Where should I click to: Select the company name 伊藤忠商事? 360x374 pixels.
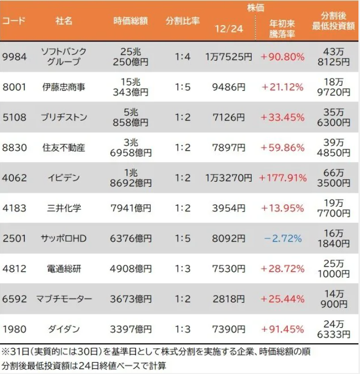[64, 87]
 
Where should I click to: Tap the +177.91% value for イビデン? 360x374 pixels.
[283, 178]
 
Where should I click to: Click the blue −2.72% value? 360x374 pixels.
[283, 239]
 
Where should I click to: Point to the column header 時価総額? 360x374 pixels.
[131, 22]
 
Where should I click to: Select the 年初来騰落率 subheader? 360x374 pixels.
[283, 29]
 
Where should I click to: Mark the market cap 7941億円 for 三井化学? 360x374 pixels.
[131, 208]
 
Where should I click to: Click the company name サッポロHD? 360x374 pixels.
[64, 239]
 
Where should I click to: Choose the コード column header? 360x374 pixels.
[14, 22]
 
